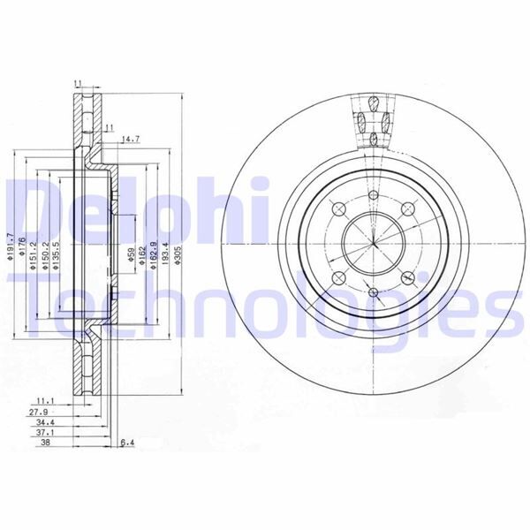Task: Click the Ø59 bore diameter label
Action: pos(132,257)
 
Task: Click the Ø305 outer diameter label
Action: pos(179,254)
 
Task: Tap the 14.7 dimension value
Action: pos(131,139)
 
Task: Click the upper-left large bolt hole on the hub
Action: pos(338,208)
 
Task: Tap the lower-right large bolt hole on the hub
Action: pos(407,277)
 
